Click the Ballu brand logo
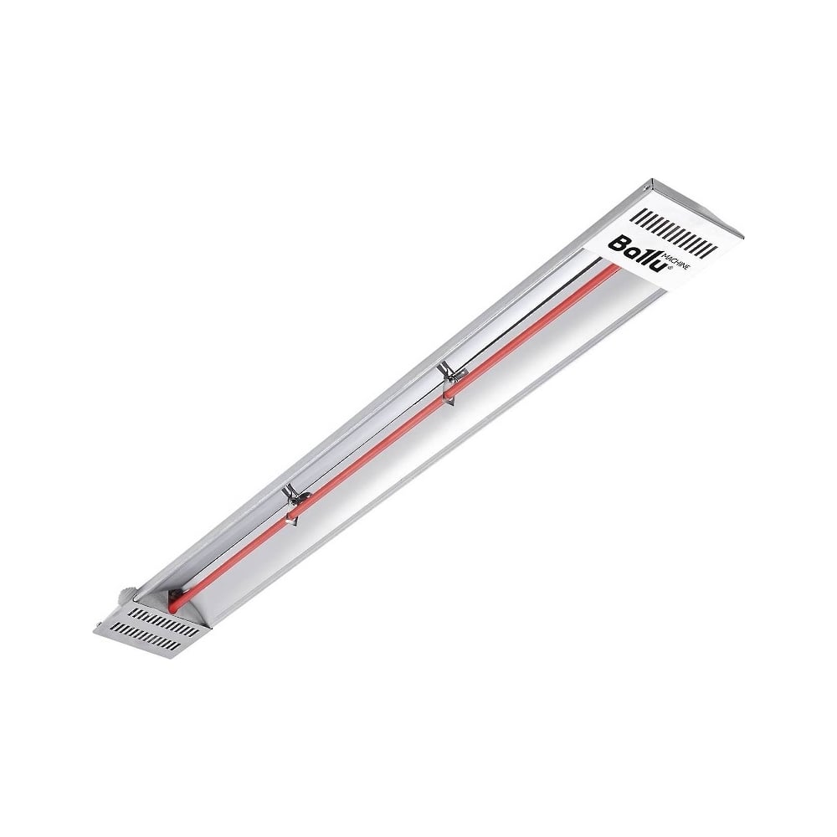pyautogui.click(x=639, y=254)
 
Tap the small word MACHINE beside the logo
pyautogui.click(x=675, y=261)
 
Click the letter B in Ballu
pyautogui.click(x=617, y=244)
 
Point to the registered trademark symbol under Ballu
pyautogui.click(x=669, y=270)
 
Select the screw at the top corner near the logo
pyautogui.click(x=648, y=187)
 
